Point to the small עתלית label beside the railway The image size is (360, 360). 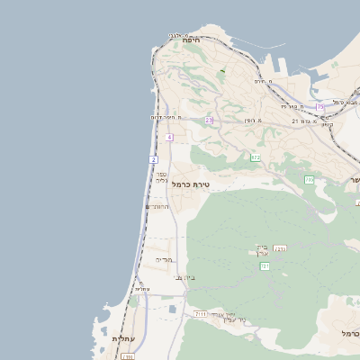pos(142,289)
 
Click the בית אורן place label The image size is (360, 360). pos(262,250)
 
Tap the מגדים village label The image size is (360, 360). pos(163,259)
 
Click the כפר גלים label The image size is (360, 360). pos(161,176)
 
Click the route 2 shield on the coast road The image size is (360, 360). pos(154,159)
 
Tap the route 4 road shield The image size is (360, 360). pos(169,137)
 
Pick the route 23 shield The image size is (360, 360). pos(209,120)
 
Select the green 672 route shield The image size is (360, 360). pos(256,157)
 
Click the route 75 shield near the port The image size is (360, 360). pos(320,107)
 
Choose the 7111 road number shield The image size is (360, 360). pos(200,314)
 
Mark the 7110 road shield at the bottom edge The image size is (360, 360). pos(127,356)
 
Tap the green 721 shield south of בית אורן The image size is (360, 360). pos(265,266)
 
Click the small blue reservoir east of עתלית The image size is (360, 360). pos(172,310)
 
